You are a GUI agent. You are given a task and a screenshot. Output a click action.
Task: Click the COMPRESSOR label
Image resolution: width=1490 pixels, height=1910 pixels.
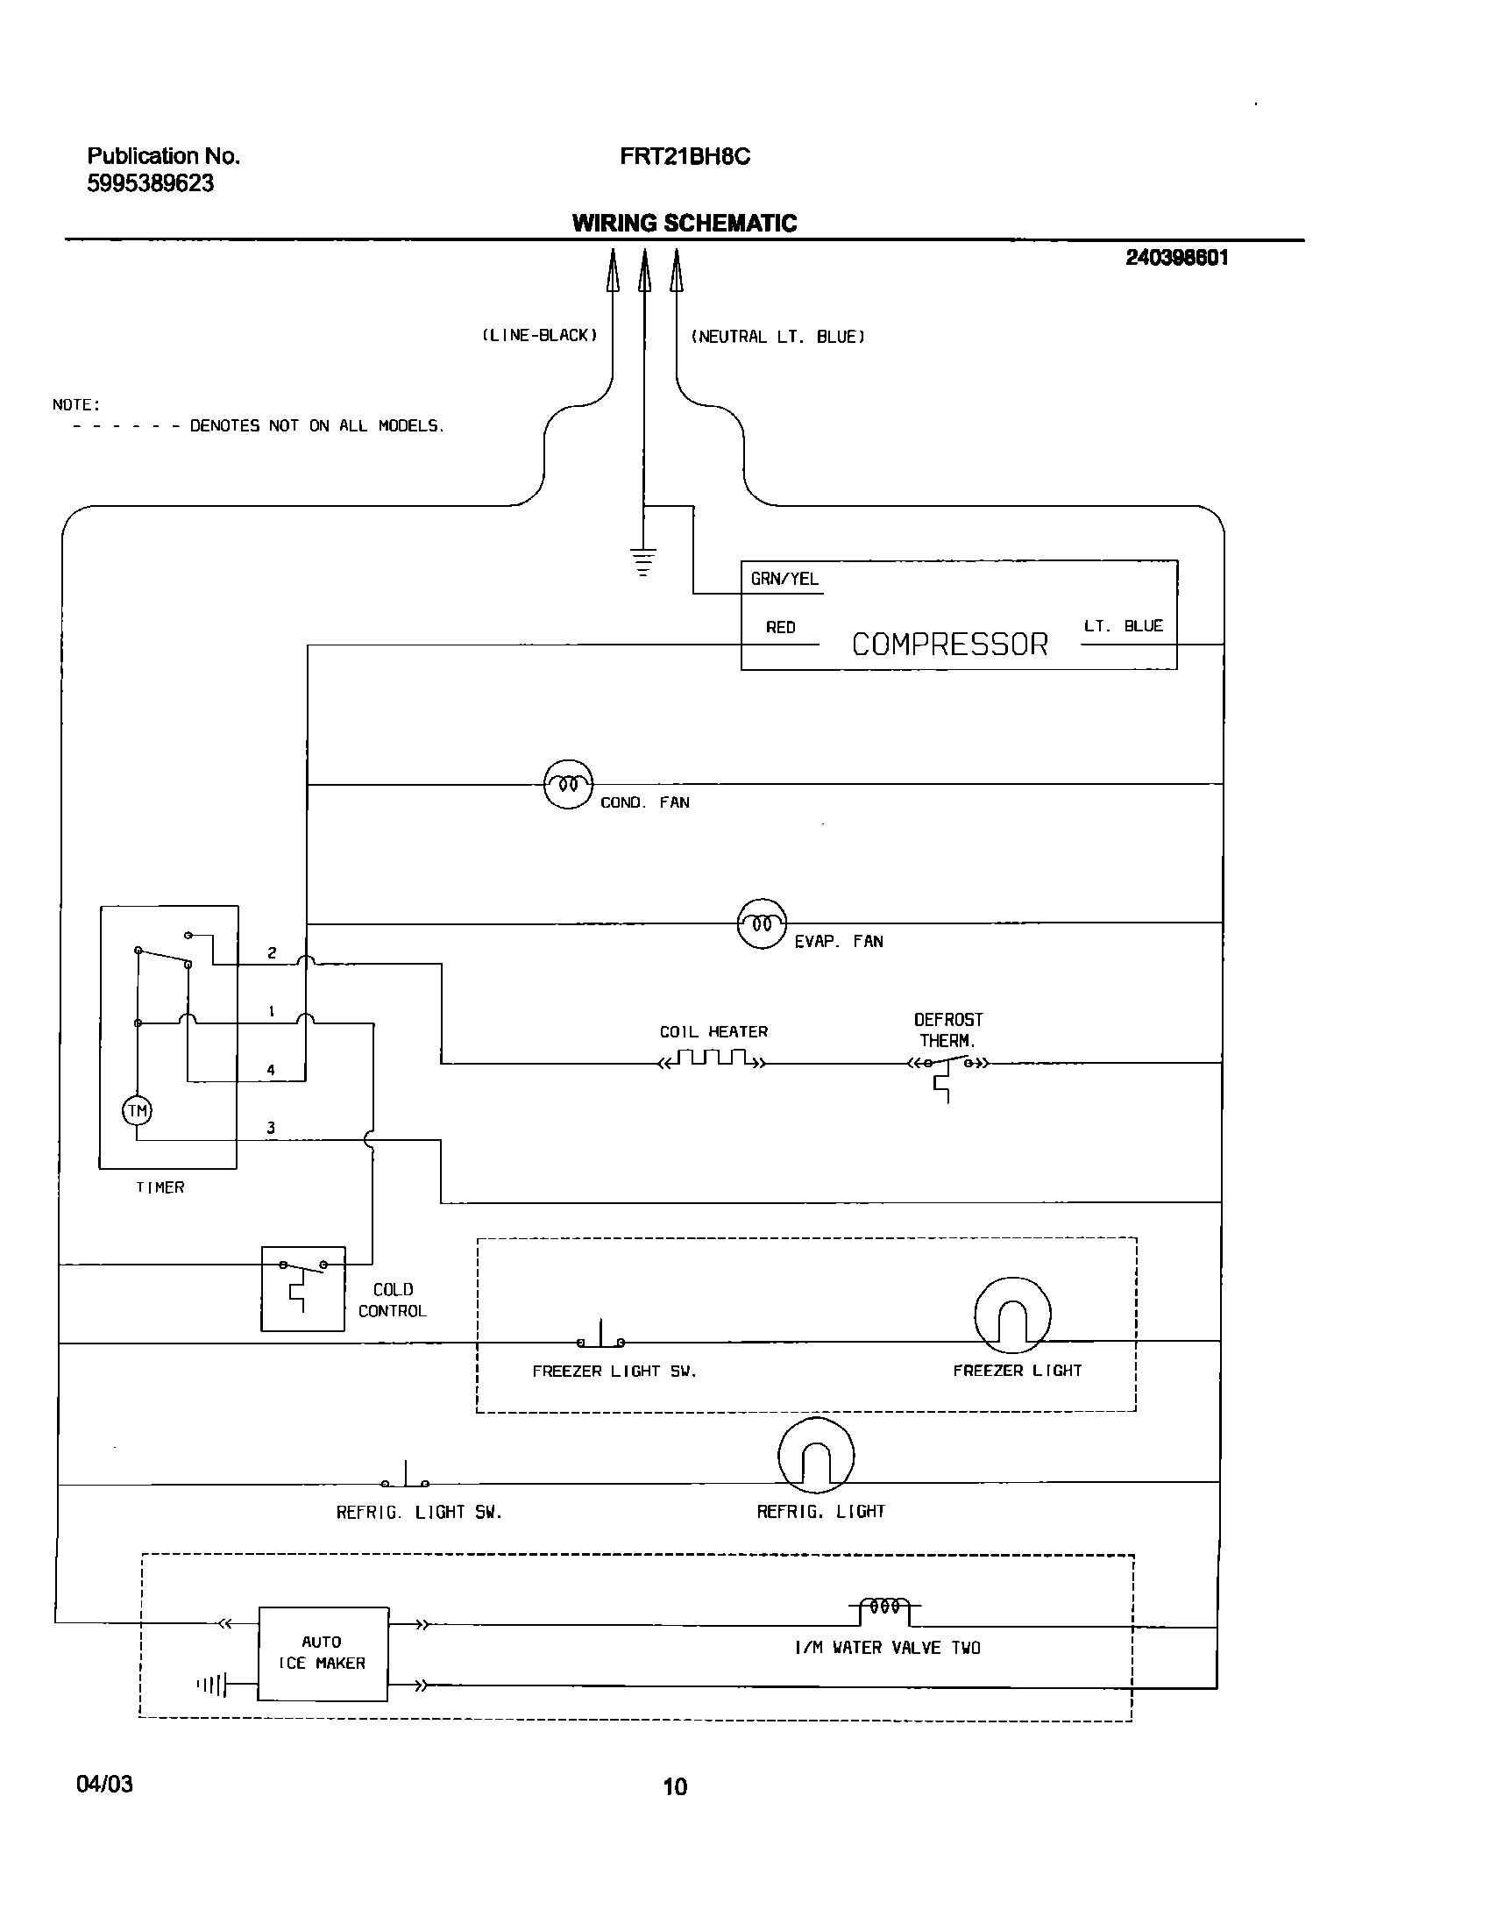[949, 645]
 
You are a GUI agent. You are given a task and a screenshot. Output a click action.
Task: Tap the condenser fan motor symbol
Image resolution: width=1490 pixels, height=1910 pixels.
[568, 784]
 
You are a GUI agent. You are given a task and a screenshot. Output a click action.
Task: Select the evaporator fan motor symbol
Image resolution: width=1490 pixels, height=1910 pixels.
[762, 923]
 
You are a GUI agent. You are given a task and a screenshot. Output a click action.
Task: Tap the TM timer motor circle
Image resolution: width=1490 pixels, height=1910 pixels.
[137, 1111]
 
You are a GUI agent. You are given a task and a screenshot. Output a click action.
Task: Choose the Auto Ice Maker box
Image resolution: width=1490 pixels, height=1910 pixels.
[323, 1654]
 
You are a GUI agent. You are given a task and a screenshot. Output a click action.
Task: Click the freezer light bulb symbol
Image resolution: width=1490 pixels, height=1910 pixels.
[1011, 1315]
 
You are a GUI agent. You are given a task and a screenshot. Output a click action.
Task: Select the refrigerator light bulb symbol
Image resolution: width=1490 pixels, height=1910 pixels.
[815, 1456]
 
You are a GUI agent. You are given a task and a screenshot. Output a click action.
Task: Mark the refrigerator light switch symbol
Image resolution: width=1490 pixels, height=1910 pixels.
[405, 1479]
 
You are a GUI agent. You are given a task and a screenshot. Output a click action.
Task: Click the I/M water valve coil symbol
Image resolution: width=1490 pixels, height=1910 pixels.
[884, 1607]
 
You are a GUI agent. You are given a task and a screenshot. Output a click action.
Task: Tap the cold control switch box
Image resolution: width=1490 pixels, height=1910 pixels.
[303, 1288]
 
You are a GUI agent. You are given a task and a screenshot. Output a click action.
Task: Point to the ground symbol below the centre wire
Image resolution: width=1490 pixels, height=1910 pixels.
[643, 561]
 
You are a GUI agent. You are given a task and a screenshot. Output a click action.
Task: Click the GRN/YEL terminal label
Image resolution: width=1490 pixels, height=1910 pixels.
[784, 579]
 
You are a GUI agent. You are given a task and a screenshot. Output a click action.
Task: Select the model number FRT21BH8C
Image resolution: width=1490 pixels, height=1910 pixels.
[685, 157]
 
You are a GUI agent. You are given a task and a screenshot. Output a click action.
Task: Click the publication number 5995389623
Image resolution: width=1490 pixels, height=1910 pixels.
[151, 183]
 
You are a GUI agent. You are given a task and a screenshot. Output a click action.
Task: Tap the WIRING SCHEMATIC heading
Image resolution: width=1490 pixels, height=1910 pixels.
[685, 223]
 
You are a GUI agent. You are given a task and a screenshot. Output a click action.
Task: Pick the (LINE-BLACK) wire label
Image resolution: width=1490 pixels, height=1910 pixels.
[540, 336]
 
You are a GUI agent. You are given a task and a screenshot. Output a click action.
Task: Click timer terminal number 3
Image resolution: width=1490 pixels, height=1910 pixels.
[271, 1128]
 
